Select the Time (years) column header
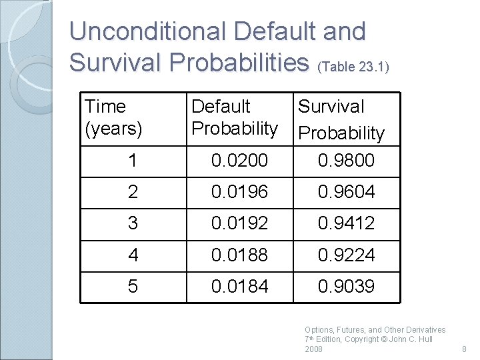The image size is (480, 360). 113,117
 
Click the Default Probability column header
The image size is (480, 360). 234,117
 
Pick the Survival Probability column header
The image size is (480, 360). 341,119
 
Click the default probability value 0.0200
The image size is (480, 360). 239,161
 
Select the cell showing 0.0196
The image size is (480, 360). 239,192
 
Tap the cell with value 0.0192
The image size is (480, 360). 239,223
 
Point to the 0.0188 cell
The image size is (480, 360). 239,255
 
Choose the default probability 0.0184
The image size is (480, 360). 239,287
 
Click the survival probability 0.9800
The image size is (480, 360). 346,161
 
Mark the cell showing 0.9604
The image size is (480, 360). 346,192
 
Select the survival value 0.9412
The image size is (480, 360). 346,223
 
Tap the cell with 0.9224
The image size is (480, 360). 346,255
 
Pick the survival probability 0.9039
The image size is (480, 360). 346,287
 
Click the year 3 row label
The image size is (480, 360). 133,223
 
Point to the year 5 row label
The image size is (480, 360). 133,287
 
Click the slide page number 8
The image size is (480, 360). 465,349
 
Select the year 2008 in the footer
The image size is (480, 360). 313,349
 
